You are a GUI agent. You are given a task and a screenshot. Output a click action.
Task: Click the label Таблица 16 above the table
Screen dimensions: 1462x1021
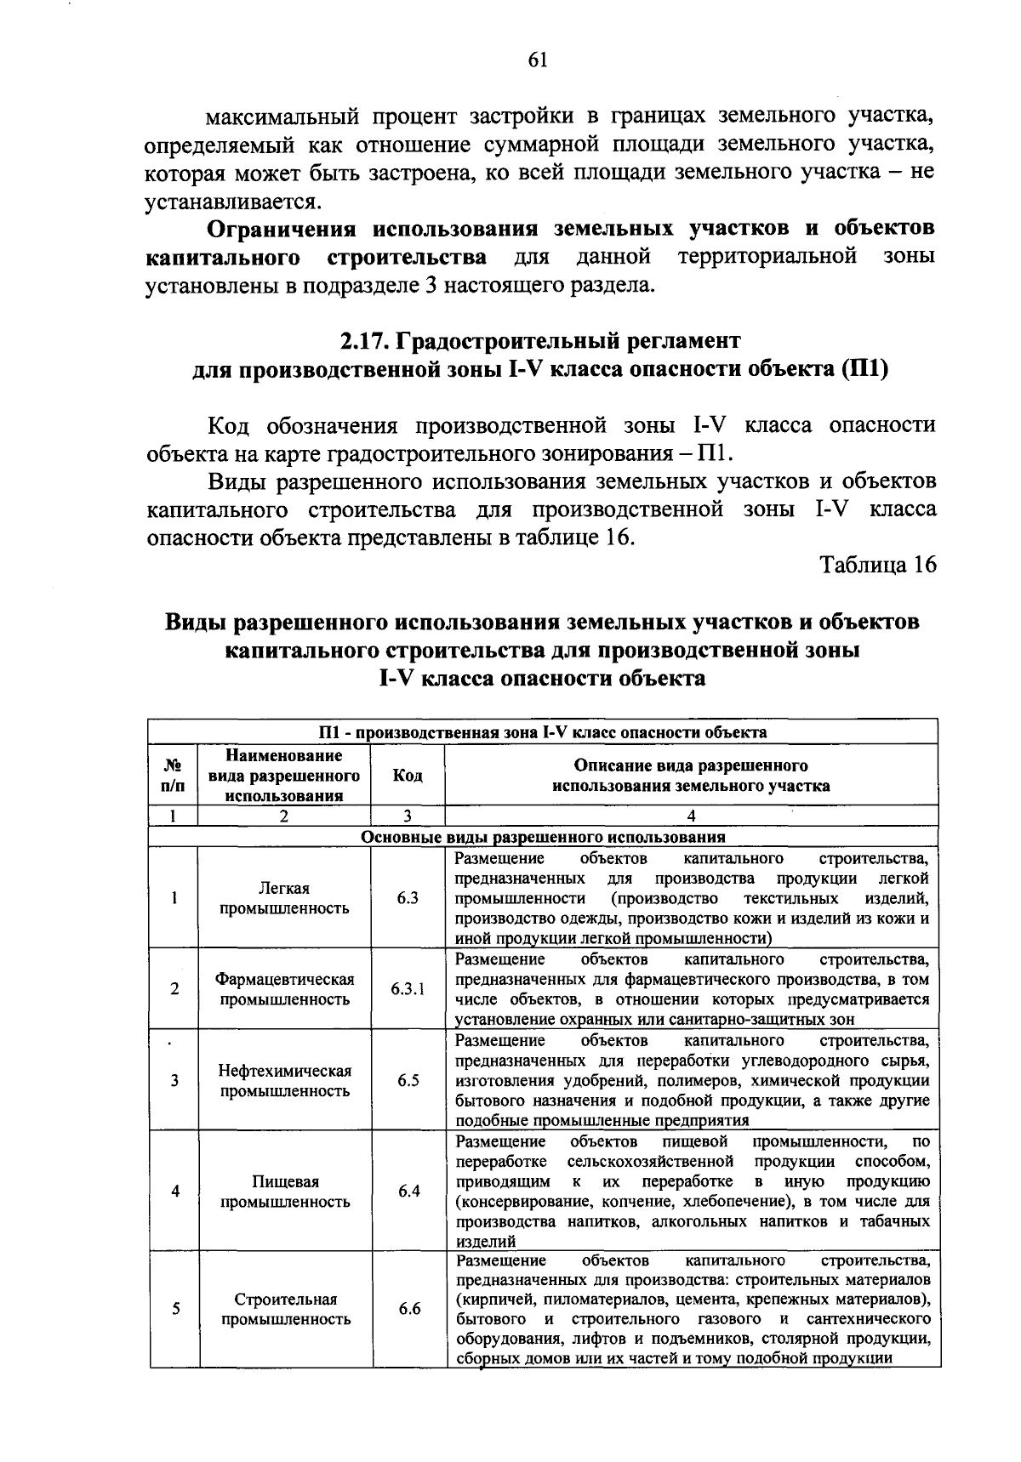point(878,565)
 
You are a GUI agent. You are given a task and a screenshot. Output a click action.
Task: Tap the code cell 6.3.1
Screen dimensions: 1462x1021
point(408,989)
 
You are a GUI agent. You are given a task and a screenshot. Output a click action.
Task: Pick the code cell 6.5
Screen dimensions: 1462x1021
point(408,1081)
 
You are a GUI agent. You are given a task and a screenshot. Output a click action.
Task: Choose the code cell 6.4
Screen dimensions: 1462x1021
point(408,1191)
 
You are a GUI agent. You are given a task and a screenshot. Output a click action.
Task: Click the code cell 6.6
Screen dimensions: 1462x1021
point(409,1309)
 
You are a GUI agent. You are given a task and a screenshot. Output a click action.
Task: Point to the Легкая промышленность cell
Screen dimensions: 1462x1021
point(284,898)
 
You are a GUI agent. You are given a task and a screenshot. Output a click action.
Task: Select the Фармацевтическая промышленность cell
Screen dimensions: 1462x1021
point(284,989)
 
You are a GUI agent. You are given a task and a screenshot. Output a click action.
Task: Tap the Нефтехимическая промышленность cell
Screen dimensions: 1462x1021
point(284,1081)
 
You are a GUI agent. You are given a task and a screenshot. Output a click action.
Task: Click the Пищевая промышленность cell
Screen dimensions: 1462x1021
point(284,1192)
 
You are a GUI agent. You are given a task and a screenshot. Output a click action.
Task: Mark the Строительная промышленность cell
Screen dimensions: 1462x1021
point(285,1309)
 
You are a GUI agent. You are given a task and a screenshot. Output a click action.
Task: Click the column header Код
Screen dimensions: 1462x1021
point(408,775)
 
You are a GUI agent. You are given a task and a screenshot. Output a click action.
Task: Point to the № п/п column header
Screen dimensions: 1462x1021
point(173,775)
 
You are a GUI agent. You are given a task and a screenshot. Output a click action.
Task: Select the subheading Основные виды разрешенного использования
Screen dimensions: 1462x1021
point(543,836)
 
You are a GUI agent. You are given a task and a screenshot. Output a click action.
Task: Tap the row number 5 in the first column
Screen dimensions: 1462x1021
point(174,1309)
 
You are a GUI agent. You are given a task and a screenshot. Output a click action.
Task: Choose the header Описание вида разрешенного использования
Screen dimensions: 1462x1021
point(691,775)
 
